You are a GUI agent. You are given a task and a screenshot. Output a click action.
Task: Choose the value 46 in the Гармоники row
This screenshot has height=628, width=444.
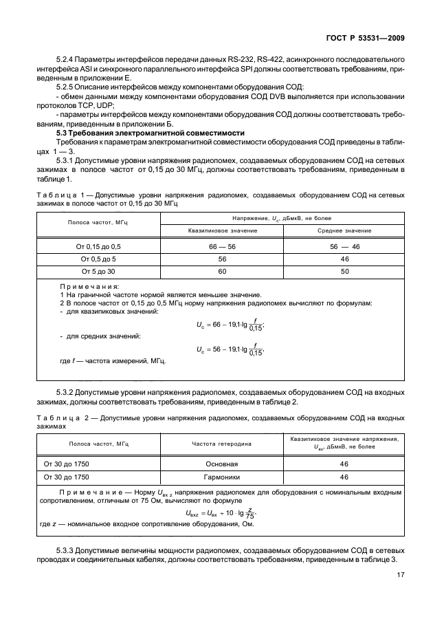(344, 476)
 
